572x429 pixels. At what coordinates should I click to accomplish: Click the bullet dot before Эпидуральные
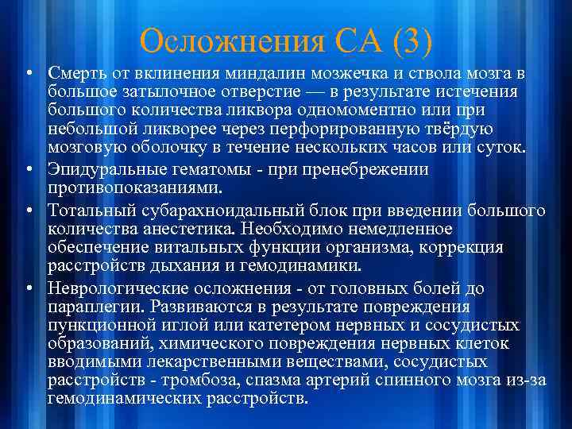click(x=28, y=169)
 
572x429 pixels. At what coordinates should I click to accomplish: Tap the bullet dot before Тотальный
click(x=28, y=211)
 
